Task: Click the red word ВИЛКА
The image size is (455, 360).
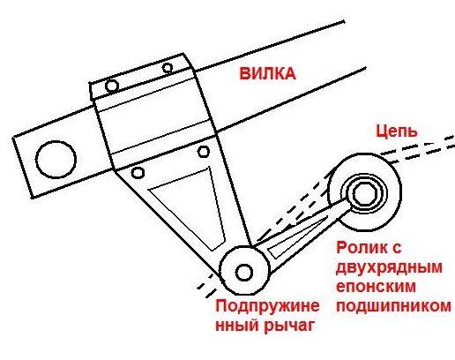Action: click(267, 73)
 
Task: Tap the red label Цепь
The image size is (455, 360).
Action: click(397, 131)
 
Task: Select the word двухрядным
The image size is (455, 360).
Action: click(389, 267)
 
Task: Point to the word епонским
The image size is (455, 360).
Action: click(376, 286)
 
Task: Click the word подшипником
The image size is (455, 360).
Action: click(393, 306)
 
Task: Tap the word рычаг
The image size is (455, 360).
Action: click(289, 326)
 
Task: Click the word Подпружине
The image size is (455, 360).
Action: click(267, 306)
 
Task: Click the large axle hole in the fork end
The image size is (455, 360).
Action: click(56, 160)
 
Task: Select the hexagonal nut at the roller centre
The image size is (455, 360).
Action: click(365, 193)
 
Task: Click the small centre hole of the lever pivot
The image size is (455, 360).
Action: click(244, 273)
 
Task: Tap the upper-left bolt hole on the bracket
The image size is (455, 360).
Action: click(112, 86)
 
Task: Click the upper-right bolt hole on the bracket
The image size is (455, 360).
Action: click(168, 68)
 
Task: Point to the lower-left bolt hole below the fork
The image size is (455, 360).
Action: click(138, 173)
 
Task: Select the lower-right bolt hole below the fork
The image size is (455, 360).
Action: click(204, 152)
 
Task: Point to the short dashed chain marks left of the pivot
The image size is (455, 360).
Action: click(207, 286)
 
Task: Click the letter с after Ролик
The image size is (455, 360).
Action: click(395, 249)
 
